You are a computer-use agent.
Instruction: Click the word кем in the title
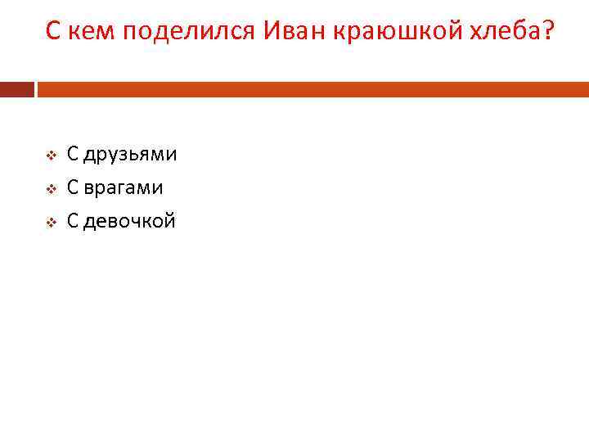pyautogui.click(x=85, y=33)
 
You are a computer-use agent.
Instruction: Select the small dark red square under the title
pyautogui.click(x=16, y=88)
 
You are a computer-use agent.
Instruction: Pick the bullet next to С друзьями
pyautogui.click(x=49, y=155)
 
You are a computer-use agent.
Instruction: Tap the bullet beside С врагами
pyautogui.click(x=49, y=188)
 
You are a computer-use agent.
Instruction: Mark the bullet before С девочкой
pyautogui.click(x=49, y=222)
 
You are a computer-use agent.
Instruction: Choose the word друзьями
pyautogui.click(x=130, y=155)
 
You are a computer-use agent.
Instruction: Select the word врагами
pyautogui.click(x=123, y=188)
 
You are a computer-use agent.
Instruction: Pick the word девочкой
pyautogui.click(x=129, y=222)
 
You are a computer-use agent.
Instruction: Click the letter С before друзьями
pyautogui.click(x=73, y=154)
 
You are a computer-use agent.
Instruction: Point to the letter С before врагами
pyautogui.click(x=73, y=187)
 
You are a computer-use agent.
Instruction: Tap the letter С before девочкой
pyautogui.click(x=73, y=221)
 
